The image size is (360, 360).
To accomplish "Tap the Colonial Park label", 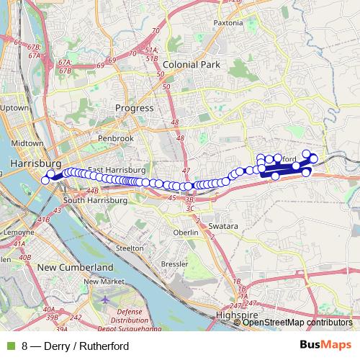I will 190,64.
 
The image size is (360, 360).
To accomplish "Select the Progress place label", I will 135,108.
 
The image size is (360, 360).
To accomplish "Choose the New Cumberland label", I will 75,267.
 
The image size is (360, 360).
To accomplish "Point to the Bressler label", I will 175,264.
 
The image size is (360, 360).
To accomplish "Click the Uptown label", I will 14,108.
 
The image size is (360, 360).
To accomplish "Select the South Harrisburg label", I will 95,200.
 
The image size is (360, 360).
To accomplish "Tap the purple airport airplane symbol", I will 106,299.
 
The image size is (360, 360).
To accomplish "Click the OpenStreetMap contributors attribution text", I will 297,323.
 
